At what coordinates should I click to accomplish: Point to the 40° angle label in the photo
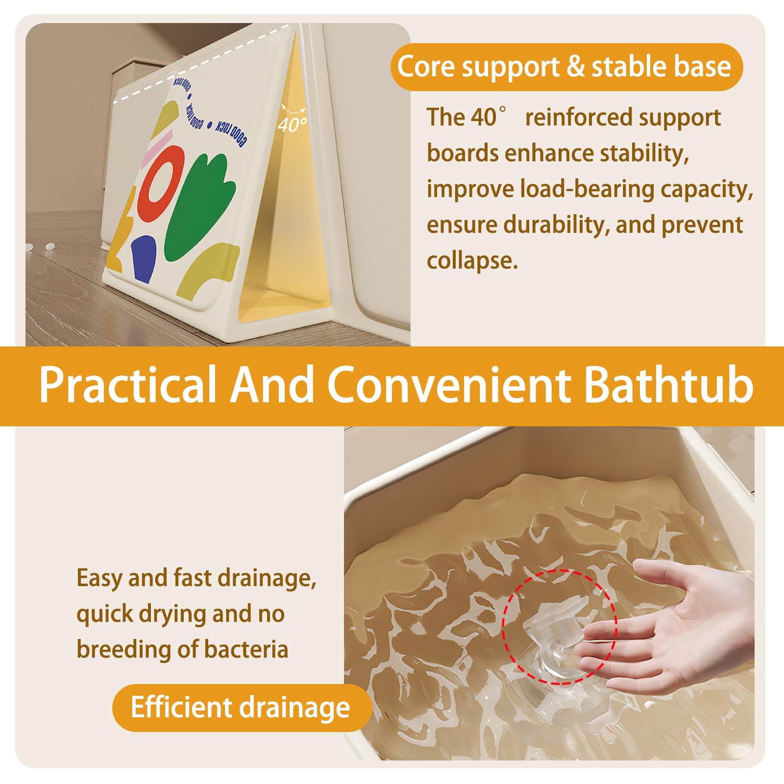click(x=292, y=125)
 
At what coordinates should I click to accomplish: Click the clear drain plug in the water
click(x=556, y=637)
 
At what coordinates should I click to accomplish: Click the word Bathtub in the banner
click(x=669, y=385)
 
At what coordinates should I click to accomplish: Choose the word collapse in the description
click(x=472, y=261)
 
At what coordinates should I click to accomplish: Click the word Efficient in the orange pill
click(x=181, y=708)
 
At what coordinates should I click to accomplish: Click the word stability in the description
click(x=645, y=153)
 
